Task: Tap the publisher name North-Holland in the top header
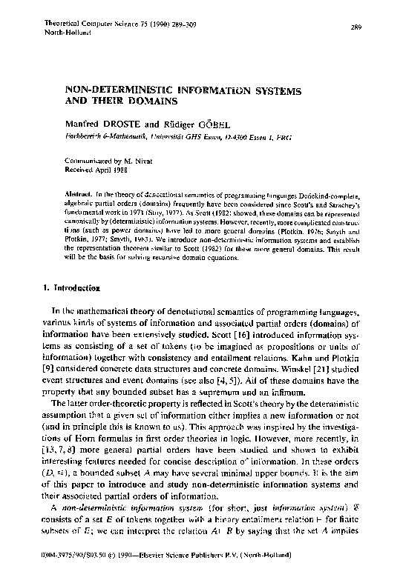68,33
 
